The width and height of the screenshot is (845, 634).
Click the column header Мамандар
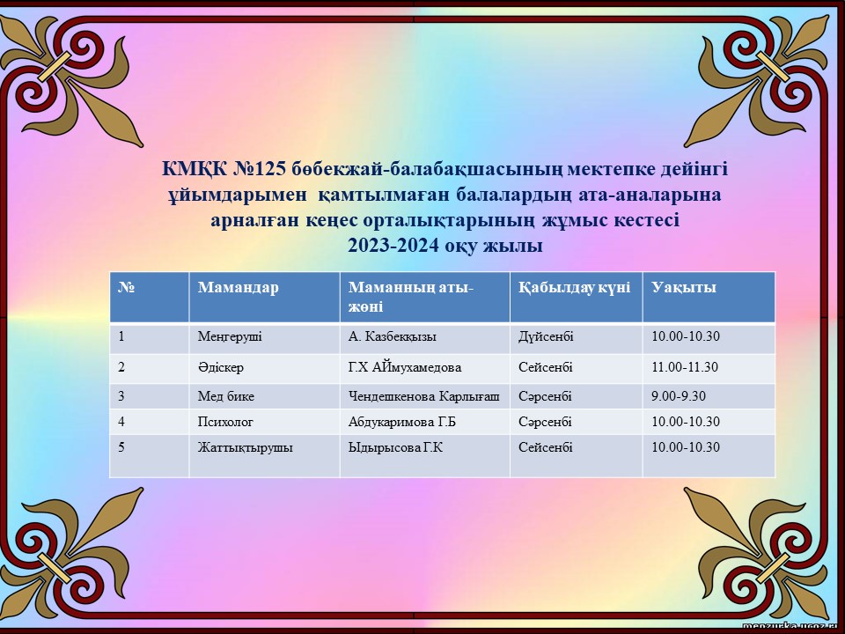(x=239, y=287)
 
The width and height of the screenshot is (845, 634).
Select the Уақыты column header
(x=683, y=287)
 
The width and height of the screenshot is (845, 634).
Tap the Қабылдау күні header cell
(x=574, y=287)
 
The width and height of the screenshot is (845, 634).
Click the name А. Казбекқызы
(x=393, y=336)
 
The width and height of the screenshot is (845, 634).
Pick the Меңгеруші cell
(x=230, y=337)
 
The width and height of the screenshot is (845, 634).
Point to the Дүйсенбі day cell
(x=546, y=336)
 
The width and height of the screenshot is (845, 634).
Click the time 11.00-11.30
(x=685, y=367)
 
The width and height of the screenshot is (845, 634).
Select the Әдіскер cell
(x=220, y=367)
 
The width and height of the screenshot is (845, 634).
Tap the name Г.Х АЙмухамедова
(x=405, y=367)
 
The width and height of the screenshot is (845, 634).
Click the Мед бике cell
(x=226, y=396)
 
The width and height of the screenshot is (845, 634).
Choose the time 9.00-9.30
(x=679, y=396)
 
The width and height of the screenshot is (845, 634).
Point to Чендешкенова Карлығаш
(x=423, y=396)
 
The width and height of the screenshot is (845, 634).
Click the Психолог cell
(x=225, y=422)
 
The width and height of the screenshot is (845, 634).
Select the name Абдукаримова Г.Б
(x=402, y=422)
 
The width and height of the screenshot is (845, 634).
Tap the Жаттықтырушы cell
(x=246, y=447)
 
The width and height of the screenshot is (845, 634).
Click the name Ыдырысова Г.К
(x=395, y=447)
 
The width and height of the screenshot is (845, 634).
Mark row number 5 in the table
(x=121, y=447)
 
